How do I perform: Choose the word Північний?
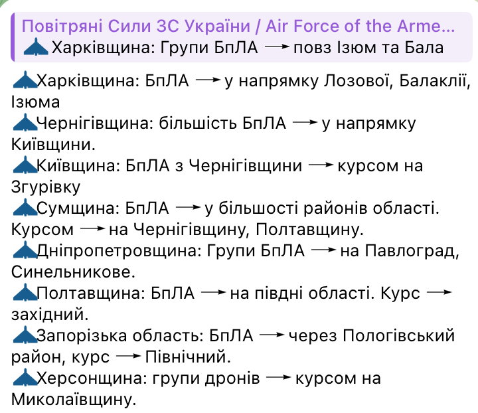click(x=187, y=357)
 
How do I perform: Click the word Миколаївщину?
click(x=73, y=398)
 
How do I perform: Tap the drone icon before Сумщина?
click(x=25, y=208)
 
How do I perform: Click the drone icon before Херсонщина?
click(x=25, y=377)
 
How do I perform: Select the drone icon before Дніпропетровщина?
click(x=25, y=250)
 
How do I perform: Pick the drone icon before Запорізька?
click(x=25, y=335)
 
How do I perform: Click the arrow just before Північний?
click(x=127, y=357)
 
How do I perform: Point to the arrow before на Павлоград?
click(x=323, y=250)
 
